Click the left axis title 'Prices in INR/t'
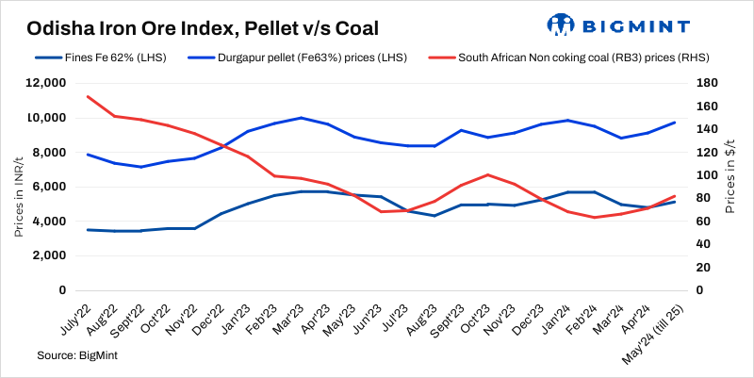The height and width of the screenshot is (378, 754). tap(19, 187)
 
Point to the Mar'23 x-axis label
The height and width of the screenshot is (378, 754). tap(287, 316)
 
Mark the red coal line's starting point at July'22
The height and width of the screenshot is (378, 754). tap(88, 96)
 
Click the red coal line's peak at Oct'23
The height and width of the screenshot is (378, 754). tap(487, 174)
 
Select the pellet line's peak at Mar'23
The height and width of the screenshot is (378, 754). tap(301, 118)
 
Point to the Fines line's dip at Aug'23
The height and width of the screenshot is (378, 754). tap(434, 216)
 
